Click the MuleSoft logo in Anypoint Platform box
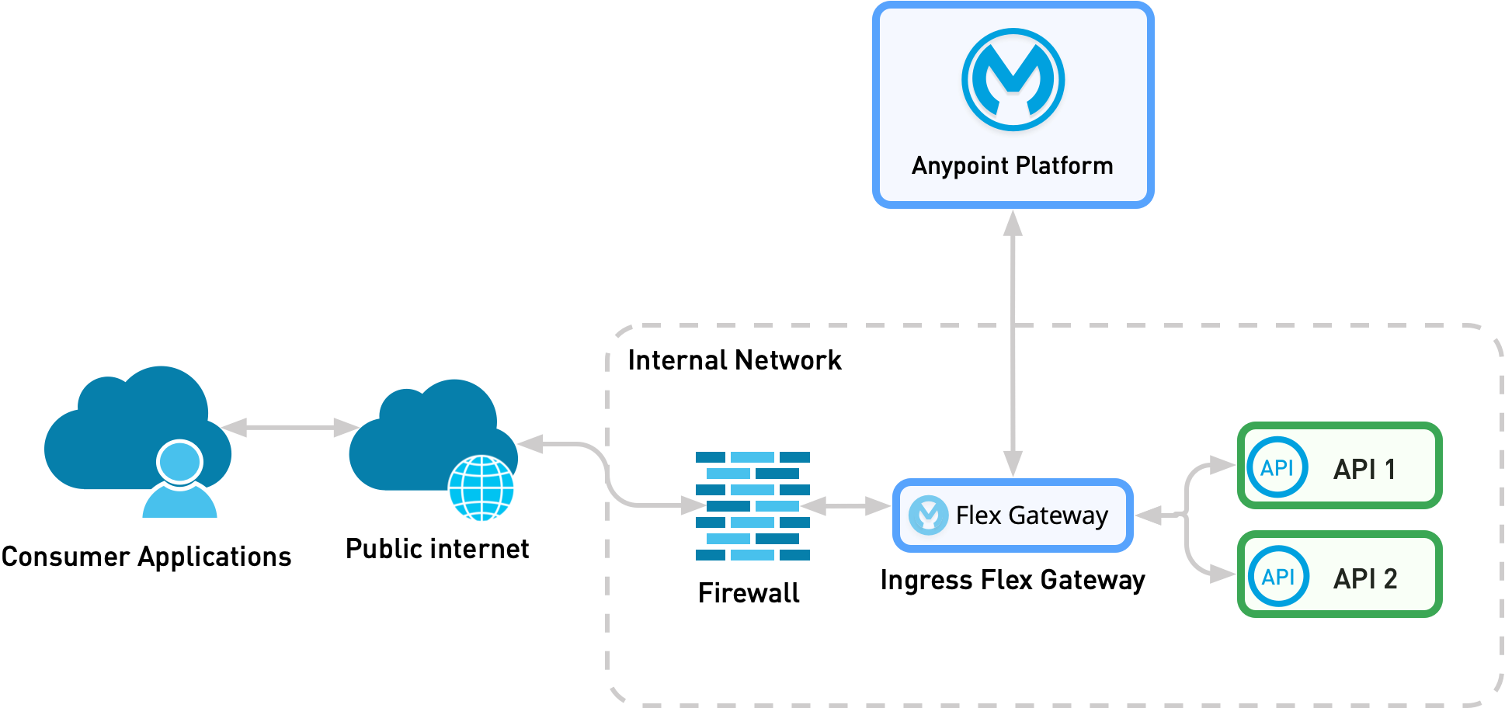(1013, 79)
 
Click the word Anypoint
(960, 166)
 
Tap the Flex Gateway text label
(1031, 515)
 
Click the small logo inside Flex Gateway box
(928, 515)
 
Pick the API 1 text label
(1364, 469)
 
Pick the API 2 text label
(1364, 578)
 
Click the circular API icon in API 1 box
(1277, 467)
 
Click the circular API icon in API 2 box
(1277, 576)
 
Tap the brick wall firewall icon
(752, 505)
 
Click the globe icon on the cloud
(481, 489)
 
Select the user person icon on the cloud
(179, 481)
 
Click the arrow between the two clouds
(290, 427)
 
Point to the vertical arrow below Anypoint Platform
(1013, 342)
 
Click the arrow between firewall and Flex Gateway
(846, 506)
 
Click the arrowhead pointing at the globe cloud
(531, 443)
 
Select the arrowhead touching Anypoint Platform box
(1013, 224)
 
